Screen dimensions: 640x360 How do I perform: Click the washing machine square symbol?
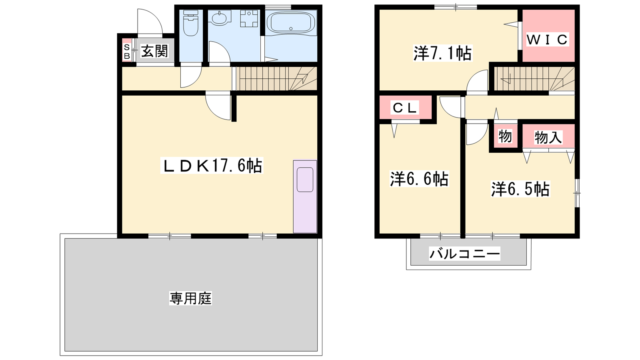pyautogui.click(x=249, y=18)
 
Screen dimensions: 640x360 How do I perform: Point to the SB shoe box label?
pyautogui.click(x=127, y=52)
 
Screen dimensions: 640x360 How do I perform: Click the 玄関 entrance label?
pyautogui.click(x=154, y=52)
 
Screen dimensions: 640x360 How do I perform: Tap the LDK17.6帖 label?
pyautogui.click(x=212, y=166)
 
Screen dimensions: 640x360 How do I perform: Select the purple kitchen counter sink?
pyautogui.click(x=305, y=196)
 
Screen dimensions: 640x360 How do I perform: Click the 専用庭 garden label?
pyautogui.click(x=190, y=298)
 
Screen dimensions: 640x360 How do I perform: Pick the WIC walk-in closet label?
pyautogui.click(x=547, y=40)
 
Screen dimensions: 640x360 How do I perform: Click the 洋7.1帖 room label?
pyautogui.click(x=442, y=53)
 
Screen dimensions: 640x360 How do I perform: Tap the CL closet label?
pyautogui.click(x=404, y=108)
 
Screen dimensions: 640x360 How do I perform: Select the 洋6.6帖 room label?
pyautogui.click(x=419, y=179)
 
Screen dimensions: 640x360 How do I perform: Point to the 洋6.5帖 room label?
pyautogui.click(x=520, y=189)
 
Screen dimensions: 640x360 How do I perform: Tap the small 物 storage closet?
pyautogui.click(x=505, y=136)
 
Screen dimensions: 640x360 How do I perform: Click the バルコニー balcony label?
pyautogui.click(x=465, y=254)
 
